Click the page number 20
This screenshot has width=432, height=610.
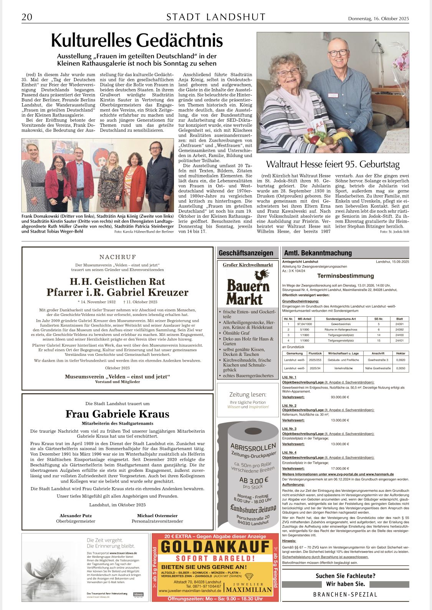(27, 17)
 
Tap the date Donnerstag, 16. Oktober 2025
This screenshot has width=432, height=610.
(378, 18)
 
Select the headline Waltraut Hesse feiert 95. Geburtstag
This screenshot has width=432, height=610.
(333, 164)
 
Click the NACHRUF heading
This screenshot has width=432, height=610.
(118, 257)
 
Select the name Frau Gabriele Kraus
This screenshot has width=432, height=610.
(117, 414)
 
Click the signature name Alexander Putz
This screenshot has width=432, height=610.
(76, 516)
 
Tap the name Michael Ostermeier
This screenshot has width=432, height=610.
(157, 516)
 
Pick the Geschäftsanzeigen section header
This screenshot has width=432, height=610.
(246, 253)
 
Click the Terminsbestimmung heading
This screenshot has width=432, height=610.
(345, 276)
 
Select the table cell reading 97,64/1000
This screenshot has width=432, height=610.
(305, 324)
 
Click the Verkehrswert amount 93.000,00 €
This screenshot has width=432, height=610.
(340, 397)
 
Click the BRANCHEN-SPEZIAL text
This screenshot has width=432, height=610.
(345, 594)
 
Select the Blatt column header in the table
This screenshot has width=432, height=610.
(399, 319)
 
